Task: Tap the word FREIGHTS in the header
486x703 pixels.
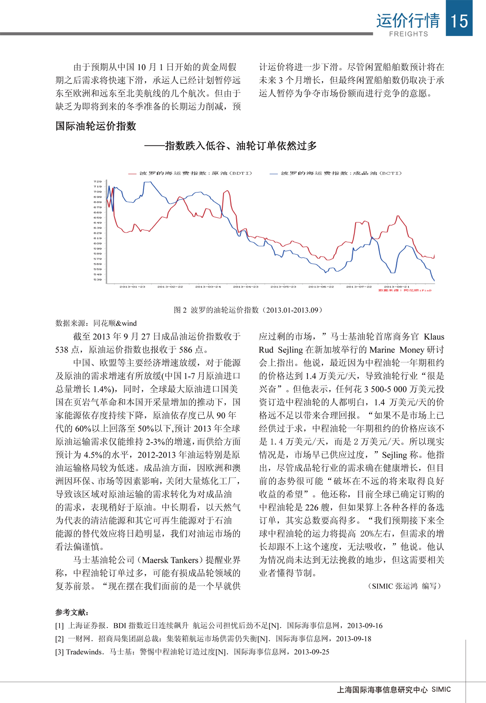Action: pyautogui.click(x=408, y=34)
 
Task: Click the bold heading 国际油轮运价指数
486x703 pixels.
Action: pyautogui.click(x=96, y=126)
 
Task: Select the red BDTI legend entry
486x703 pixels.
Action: pyautogui.click(x=190, y=173)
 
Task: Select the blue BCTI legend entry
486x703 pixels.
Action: pyautogui.click(x=336, y=173)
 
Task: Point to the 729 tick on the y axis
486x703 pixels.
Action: pyautogui.click(x=98, y=181)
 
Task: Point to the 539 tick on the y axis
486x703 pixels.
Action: pyautogui.click(x=98, y=279)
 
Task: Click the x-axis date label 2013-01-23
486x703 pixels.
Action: pyautogui.click(x=132, y=287)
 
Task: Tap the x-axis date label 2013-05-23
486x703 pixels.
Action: pyautogui.click(x=283, y=287)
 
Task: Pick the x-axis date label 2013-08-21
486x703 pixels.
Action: pyautogui.click(x=396, y=287)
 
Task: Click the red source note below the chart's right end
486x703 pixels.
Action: pyautogui.click(x=405, y=290)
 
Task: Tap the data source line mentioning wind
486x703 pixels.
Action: pyautogui.click(x=96, y=323)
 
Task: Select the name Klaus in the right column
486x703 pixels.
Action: pyautogui.click(x=434, y=337)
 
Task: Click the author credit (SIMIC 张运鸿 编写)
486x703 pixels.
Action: pyautogui.click(x=405, y=586)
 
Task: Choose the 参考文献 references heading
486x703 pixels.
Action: pyautogui.click(x=72, y=612)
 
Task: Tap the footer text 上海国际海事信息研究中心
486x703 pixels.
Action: pyautogui.click(x=382, y=690)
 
